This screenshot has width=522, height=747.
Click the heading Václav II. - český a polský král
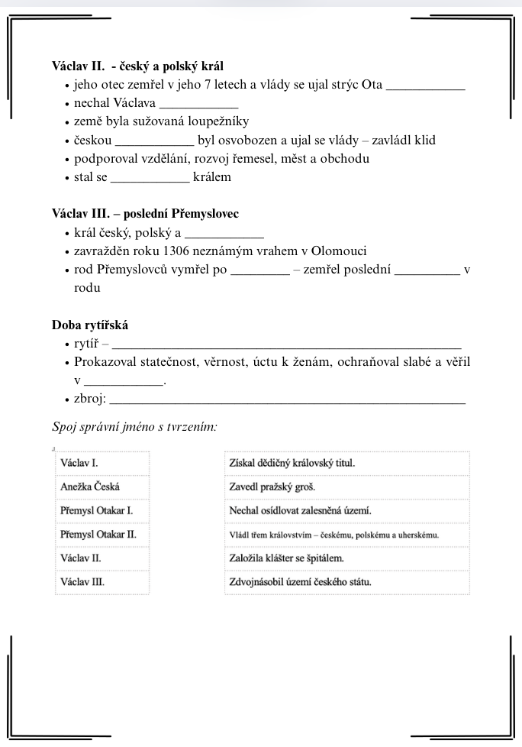click(137, 66)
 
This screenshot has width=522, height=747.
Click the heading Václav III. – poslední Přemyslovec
click(145, 214)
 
